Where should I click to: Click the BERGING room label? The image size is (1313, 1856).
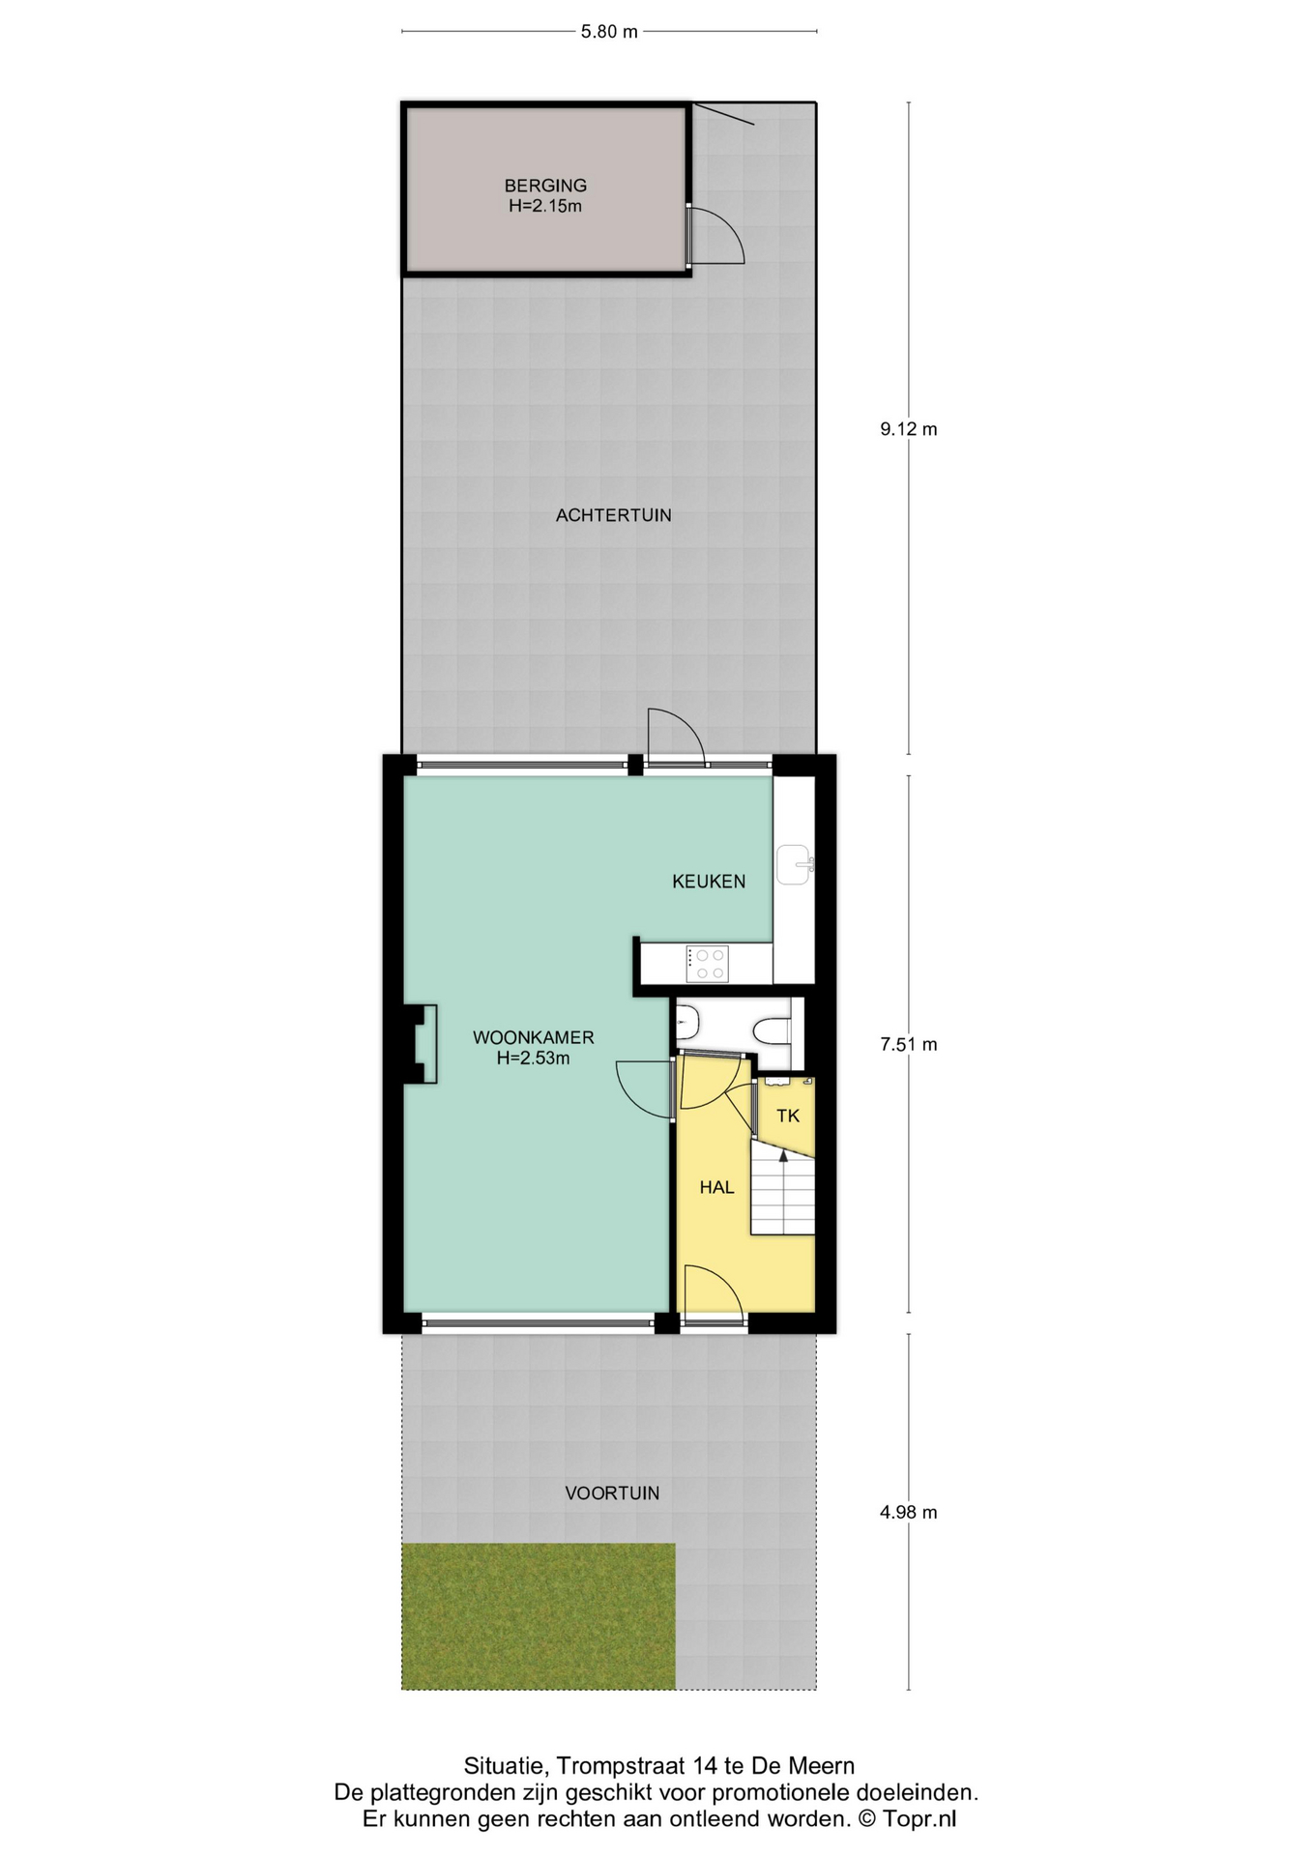545,186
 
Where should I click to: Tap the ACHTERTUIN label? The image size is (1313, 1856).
613,515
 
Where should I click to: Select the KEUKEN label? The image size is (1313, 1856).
709,881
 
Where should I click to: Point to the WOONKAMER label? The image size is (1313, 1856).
533,1037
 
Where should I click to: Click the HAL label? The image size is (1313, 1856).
716,1187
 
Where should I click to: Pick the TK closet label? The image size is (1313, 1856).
788,1116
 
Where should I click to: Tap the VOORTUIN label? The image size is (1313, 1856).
612,1493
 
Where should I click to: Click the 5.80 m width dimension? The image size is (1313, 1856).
609,31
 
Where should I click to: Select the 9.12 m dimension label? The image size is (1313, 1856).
908,429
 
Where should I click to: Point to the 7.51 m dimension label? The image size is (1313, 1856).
908,1044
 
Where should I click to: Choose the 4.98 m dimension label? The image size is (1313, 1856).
908,1512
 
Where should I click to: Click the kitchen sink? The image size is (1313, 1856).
795,863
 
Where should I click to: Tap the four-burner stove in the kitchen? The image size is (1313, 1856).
708,964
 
